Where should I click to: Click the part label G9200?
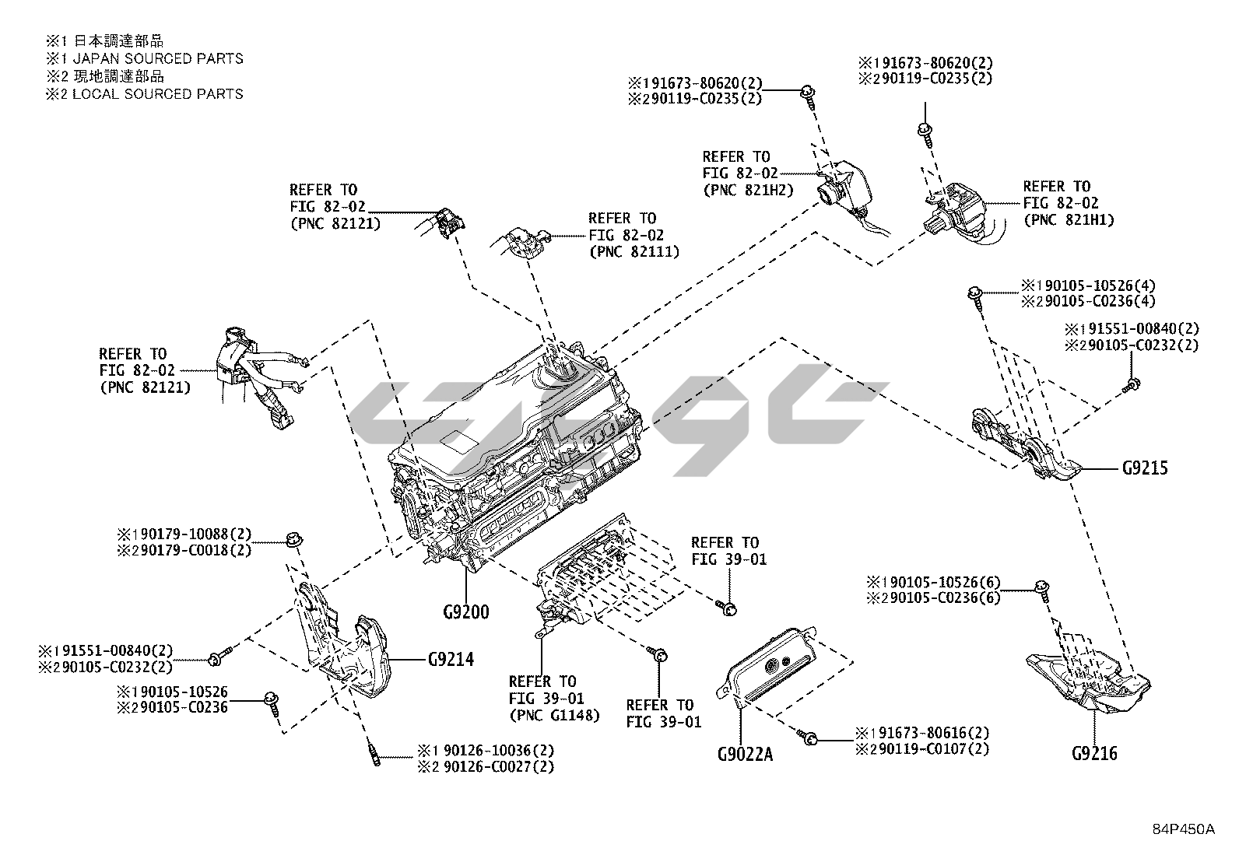pyautogui.click(x=466, y=612)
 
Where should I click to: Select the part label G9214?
pyautogui.click(x=451, y=660)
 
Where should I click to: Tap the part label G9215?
pyautogui.click(x=1145, y=468)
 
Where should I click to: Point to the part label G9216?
pyautogui.click(x=1094, y=753)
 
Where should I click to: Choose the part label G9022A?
pyautogui.click(x=745, y=754)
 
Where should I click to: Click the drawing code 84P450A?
pyautogui.click(x=1184, y=829)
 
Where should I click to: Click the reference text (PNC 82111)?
pyautogui.click(x=634, y=251)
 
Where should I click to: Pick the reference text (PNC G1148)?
pyautogui.click(x=555, y=715)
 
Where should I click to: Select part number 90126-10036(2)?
pyautogui.click(x=490, y=751)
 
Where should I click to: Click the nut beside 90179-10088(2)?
pyautogui.click(x=293, y=538)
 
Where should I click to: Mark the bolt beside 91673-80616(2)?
pyautogui.click(x=809, y=737)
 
